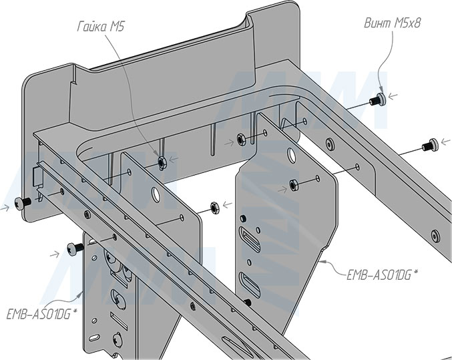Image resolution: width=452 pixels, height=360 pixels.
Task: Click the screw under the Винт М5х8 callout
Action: pos(378,100)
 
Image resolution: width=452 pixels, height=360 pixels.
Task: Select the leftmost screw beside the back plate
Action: pos(24,202)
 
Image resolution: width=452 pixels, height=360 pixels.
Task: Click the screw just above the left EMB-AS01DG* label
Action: pos(74,250)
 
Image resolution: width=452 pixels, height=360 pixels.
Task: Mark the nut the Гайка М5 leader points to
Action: pos(161,160)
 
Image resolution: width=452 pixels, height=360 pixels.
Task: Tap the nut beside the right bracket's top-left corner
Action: pos(240,140)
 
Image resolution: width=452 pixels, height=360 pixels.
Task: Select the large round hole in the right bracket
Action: pos(291,155)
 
